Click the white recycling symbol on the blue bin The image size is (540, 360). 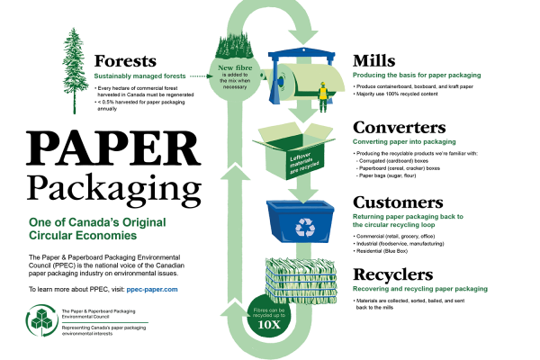(305, 228)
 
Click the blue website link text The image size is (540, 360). (152, 291)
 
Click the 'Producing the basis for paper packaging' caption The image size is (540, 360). (418, 76)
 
